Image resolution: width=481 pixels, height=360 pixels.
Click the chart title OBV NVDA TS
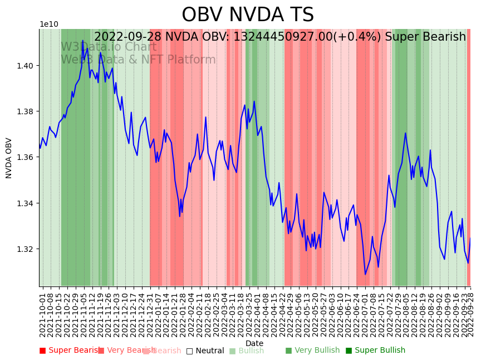pos(248,15)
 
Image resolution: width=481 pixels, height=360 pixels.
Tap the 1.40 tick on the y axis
pos(26,66)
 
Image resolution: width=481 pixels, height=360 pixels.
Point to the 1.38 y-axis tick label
pos(26,111)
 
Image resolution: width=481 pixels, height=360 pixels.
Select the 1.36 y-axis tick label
pos(26,157)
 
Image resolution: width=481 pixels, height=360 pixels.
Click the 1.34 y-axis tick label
pos(26,203)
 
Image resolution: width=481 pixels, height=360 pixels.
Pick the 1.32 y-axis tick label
pos(26,249)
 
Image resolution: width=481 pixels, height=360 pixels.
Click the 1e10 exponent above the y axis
pos(48,25)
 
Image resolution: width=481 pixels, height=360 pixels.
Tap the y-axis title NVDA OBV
pos(9,158)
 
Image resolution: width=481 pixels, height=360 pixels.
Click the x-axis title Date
pos(254,343)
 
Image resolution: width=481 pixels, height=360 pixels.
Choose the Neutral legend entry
pos(205,351)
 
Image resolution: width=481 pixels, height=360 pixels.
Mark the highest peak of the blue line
pos(82,41)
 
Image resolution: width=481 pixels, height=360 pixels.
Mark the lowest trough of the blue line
pos(365,274)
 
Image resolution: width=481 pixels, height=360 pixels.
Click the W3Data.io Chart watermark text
pos(109,47)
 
